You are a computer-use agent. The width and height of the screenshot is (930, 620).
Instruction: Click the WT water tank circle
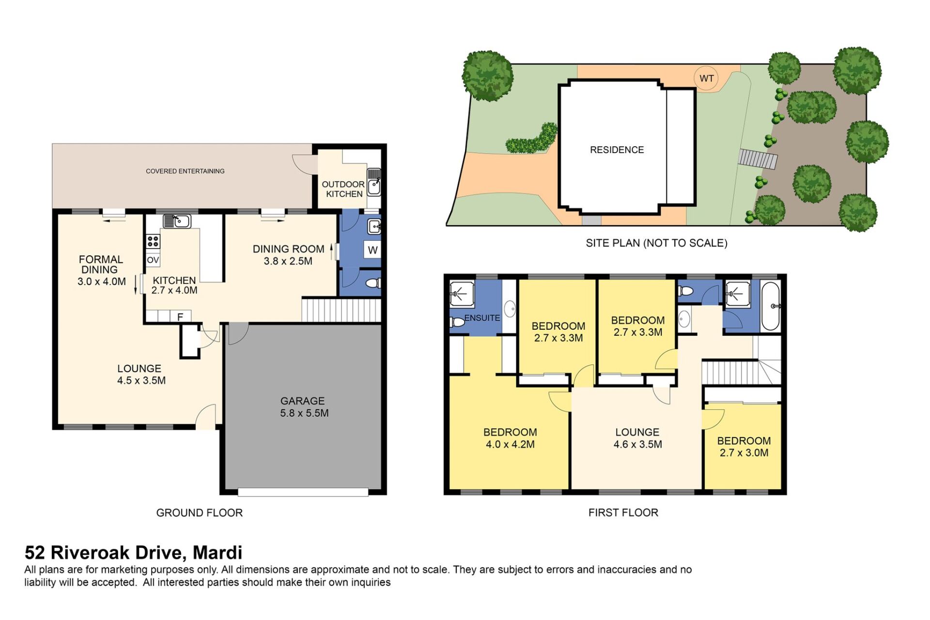pos(706,78)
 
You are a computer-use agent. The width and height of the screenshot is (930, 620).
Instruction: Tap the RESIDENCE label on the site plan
pos(617,150)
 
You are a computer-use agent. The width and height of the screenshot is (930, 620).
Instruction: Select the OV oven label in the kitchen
pos(153,260)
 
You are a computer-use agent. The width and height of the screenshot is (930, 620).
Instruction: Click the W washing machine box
pos(372,250)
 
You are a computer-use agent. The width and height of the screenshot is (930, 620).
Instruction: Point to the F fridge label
pos(180,317)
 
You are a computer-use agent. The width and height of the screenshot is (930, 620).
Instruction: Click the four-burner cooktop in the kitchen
pos(153,241)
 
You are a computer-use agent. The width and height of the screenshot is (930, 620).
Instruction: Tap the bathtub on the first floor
pos(770,306)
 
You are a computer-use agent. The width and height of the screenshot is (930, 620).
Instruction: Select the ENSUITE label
pos(482,318)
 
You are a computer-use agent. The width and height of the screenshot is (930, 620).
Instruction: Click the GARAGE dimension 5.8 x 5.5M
pos(304,413)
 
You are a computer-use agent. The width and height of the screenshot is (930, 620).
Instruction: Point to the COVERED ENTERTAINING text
pos(185,171)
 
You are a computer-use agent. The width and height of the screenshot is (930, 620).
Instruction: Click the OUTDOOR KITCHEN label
pos(343,189)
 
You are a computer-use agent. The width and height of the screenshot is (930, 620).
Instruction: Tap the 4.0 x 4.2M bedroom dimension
pos(510,444)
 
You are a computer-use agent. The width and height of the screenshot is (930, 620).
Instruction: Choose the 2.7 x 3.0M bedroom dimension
pos(744,453)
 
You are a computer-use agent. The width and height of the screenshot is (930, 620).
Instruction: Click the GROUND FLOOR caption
pos(199,512)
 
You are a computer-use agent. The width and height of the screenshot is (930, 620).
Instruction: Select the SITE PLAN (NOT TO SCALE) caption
pos(656,243)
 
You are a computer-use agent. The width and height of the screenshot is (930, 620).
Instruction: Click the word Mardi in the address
pos(217,553)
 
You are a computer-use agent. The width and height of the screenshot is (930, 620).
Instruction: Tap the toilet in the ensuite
pos(457,322)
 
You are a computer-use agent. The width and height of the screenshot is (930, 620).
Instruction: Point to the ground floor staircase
pos(341,310)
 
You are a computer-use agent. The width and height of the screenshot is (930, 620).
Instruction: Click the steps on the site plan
pos(758,159)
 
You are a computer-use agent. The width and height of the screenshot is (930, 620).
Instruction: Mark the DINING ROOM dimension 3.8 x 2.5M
pos(288,261)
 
